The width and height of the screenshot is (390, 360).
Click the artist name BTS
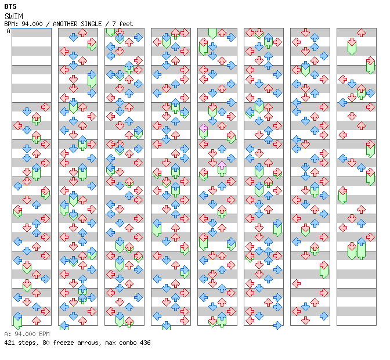click(x=10, y=7)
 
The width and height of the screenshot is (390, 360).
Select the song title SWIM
click(x=14, y=16)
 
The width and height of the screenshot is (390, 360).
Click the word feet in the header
click(x=126, y=24)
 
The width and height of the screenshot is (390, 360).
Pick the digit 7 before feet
click(x=114, y=24)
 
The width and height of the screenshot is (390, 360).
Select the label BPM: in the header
click(x=11, y=24)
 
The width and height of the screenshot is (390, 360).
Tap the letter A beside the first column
click(x=8, y=31)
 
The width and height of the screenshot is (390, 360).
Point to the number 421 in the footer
click(x=9, y=343)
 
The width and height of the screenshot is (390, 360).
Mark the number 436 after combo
click(x=145, y=343)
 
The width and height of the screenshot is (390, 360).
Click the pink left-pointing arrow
click(x=204, y=128)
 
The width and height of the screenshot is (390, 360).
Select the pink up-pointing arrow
click(x=222, y=165)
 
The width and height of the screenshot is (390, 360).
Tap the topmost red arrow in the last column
click(x=361, y=33)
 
